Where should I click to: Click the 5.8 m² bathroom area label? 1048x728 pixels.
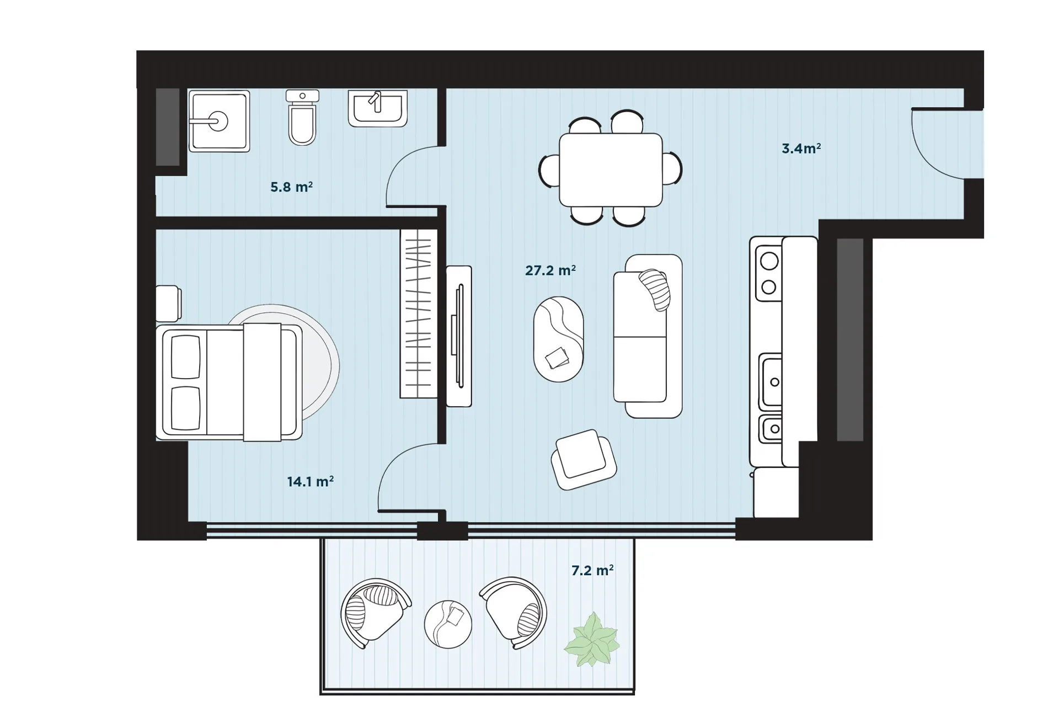(x=291, y=187)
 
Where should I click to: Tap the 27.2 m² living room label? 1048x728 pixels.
(x=550, y=270)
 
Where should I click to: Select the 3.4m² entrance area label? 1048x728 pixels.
(x=801, y=148)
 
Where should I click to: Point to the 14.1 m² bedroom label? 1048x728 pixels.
(x=310, y=482)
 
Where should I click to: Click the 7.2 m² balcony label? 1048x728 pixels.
(x=592, y=570)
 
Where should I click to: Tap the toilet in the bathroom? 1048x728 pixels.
(x=302, y=118)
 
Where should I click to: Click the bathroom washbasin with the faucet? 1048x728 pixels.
(x=378, y=109)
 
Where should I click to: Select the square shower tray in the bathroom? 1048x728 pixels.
(x=219, y=121)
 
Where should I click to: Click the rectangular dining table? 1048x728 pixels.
(x=611, y=169)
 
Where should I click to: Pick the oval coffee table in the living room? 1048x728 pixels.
(x=558, y=339)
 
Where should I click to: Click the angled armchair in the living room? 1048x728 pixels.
(x=584, y=459)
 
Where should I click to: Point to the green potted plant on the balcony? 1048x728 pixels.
(x=591, y=639)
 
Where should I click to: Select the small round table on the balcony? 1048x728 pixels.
(x=448, y=624)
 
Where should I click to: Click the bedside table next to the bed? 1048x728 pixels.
(x=168, y=303)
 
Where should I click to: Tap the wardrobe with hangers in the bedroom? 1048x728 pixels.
(x=419, y=313)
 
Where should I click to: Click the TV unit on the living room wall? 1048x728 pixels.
(x=459, y=336)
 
